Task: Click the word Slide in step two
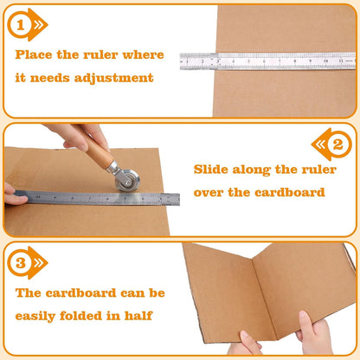[x=211, y=170]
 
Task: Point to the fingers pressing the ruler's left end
[x=13, y=196]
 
